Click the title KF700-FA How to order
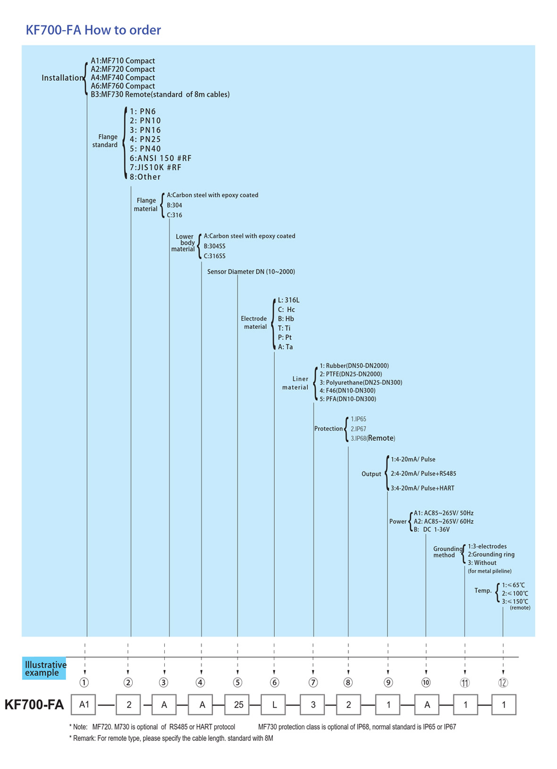point(93,30)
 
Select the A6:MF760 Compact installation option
point(123,86)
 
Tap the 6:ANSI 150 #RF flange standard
point(160,158)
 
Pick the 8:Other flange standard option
point(145,177)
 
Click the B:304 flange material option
point(174,205)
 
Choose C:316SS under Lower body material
point(215,256)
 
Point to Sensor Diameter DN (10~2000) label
point(251,272)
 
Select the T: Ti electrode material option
point(284,328)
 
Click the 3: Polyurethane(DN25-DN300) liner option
point(361,383)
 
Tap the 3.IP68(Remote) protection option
point(373,438)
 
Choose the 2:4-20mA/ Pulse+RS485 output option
point(423,474)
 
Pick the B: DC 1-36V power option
point(431,530)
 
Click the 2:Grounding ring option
point(491,555)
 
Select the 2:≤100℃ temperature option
point(515,593)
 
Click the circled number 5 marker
point(238,683)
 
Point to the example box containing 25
point(238,705)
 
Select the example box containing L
point(274,705)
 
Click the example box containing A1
point(84,705)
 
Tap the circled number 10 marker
point(426,683)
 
